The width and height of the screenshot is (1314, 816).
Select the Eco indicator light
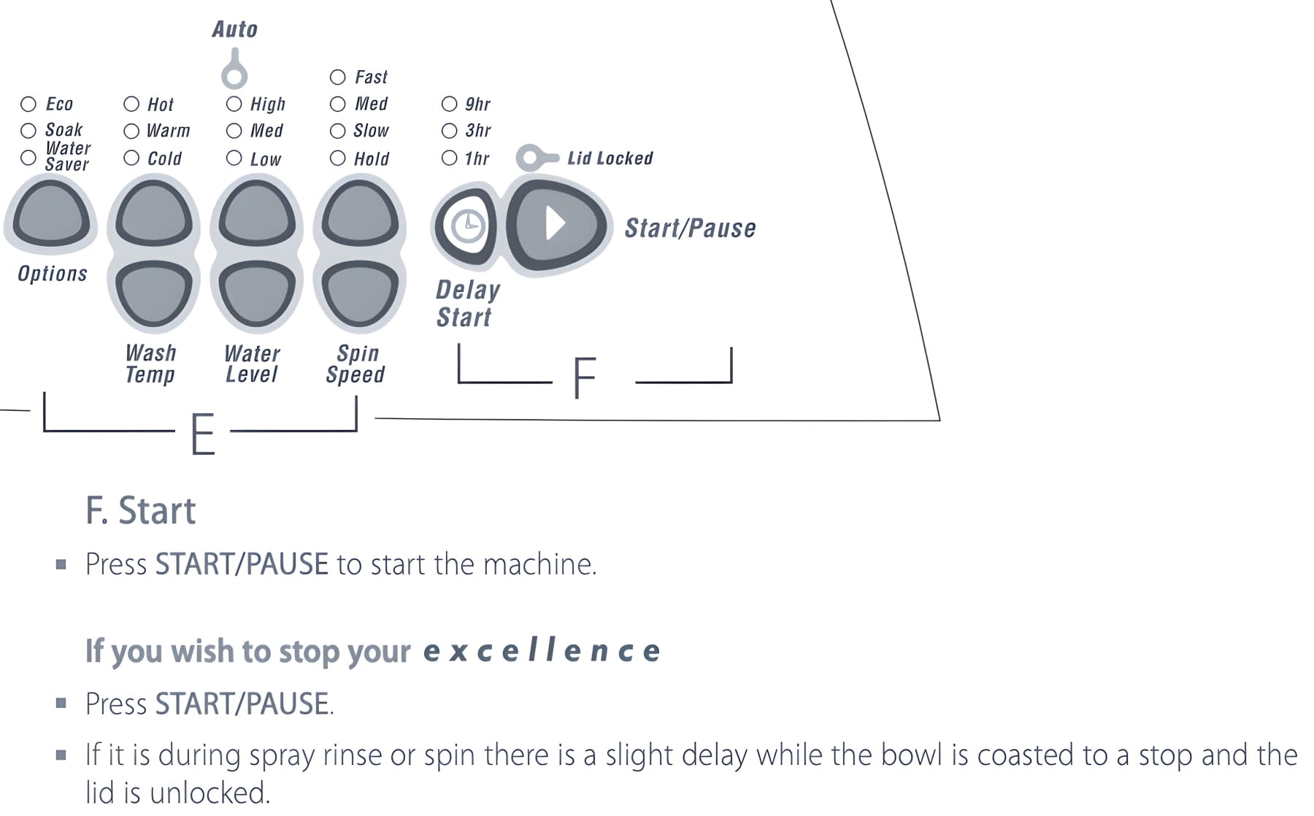point(28,104)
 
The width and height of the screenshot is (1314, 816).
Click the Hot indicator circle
point(131,104)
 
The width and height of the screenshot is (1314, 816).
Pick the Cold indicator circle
point(131,158)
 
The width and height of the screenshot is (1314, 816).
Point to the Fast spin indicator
point(337,77)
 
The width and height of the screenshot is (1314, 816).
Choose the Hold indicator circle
point(337,158)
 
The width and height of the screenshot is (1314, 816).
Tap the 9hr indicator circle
point(449,104)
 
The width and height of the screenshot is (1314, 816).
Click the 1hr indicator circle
point(449,158)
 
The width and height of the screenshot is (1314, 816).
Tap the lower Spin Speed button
point(359,293)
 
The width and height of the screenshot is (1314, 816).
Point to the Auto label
point(234,29)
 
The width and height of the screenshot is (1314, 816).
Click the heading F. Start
point(140,510)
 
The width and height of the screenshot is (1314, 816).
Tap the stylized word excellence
point(541,650)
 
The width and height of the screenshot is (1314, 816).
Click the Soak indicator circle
point(28,131)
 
